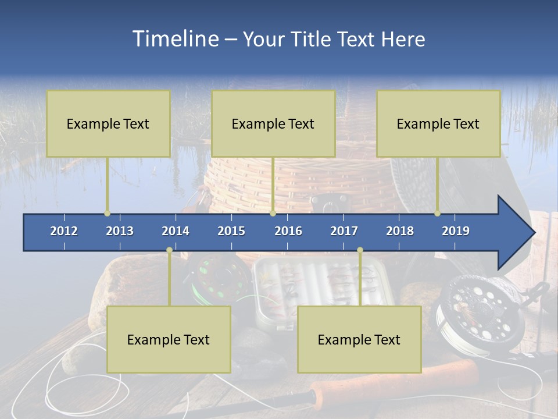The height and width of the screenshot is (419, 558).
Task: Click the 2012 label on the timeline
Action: (x=64, y=231)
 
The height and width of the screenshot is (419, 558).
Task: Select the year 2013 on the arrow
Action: (x=120, y=231)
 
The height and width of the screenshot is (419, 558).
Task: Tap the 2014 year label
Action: (x=176, y=231)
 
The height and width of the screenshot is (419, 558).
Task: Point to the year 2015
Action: (x=231, y=231)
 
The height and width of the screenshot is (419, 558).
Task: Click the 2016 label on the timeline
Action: (x=288, y=231)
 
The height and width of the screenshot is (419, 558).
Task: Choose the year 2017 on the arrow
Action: (x=344, y=231)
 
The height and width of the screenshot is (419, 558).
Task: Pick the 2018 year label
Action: (x=400, y=231)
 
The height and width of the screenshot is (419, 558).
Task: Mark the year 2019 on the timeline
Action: (x=456, y=231)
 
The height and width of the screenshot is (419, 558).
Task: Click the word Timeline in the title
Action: (x=174, y=39)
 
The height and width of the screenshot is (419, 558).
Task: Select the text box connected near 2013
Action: (x=108, y=123)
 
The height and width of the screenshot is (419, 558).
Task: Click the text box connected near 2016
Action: (x=273, y=123)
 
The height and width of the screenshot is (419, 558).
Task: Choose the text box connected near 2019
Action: (x=438, y=123)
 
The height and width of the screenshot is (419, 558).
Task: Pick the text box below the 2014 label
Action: (x=169, y=339)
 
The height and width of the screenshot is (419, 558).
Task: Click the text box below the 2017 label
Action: (x=359, y=339)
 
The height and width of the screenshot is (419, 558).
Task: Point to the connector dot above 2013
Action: (x=108, y=214)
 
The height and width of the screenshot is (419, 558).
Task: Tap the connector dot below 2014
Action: (x=169, y=250)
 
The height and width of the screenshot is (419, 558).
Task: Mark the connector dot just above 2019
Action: (x=438, y=214)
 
